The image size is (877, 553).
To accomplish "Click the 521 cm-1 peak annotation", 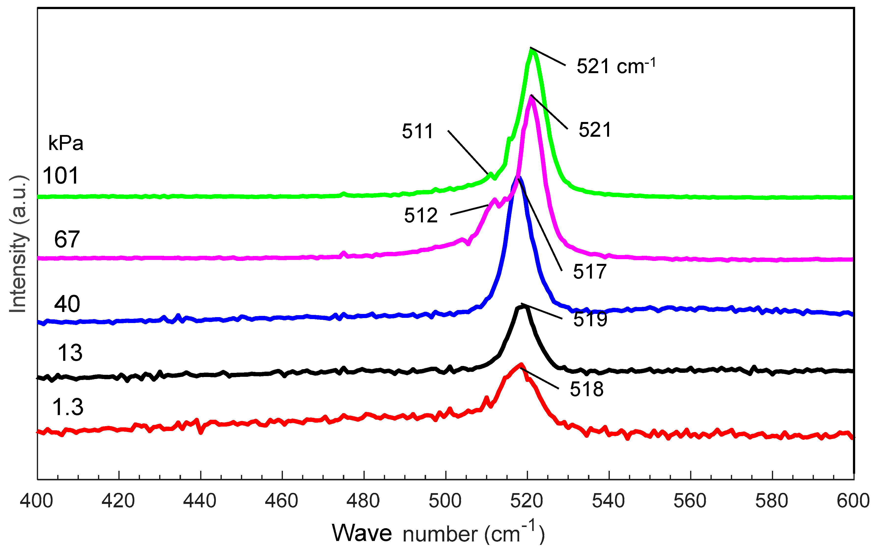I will (615, 67).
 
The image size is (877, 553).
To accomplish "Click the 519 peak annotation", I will (590, 319).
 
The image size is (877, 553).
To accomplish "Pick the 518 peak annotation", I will (586, 389).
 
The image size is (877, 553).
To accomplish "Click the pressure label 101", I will (60, 175).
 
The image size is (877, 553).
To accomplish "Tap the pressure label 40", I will (67, 304).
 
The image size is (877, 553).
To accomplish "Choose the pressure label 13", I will (70, 353).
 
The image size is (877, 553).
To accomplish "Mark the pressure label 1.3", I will (68, 407).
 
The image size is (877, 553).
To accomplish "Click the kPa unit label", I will (66, 143).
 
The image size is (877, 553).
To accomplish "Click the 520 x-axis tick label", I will (527, 501).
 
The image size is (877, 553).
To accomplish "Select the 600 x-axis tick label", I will (853, 501).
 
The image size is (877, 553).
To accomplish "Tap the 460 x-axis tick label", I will (281, 501).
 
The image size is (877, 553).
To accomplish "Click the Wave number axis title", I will (438, 534).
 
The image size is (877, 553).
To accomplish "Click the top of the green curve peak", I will (532, 50).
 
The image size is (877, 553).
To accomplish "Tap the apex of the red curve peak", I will (521, 364).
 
